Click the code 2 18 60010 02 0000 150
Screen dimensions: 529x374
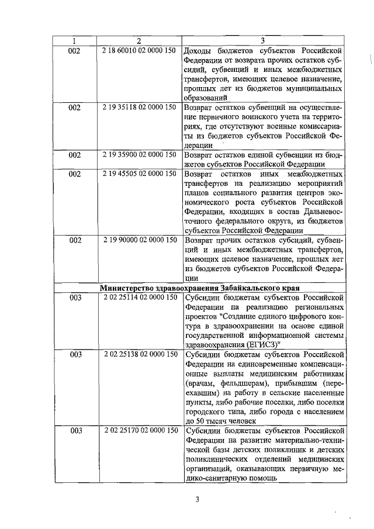[138, 50]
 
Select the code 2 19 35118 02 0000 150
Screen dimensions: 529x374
[138, 108]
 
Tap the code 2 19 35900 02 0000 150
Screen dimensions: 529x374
[138, 155]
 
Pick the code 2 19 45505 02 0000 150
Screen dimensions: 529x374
[138, 174]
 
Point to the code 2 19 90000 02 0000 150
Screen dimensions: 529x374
[138, 240]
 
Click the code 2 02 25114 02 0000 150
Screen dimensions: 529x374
[138, 298]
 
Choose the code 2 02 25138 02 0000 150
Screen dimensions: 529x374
[138, 354]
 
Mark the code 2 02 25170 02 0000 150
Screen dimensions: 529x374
[138, 430]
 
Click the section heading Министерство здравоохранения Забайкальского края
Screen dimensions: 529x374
[200, 288]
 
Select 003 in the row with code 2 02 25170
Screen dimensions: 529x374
[75, 430]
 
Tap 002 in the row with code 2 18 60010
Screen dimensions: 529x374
[74, 50]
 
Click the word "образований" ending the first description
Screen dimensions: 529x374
[206, 98]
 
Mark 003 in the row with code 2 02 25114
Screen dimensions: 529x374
[75, 298]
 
